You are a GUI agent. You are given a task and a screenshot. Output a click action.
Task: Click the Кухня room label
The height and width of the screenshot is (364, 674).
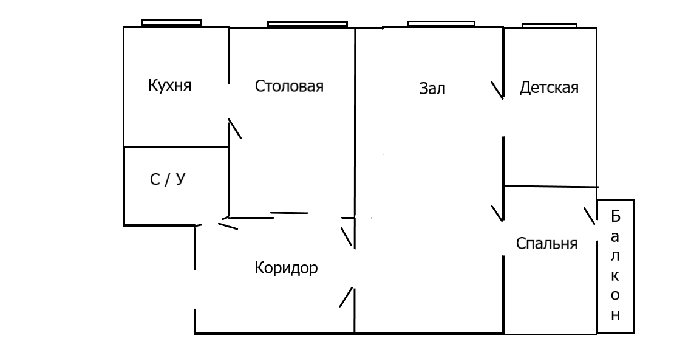pyautogui.click(x=169, y=85)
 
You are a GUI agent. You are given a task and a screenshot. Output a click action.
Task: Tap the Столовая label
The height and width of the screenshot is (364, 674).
pyautogui.click(x=289, y=86)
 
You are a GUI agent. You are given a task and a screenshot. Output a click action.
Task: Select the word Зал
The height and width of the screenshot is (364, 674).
pyautogui.click(x=432, y=89)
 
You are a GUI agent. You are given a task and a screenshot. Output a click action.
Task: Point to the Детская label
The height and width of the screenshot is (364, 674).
pyautogui.click(x=549, y=88)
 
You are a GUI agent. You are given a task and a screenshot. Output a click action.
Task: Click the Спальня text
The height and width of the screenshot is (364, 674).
pyautogui.click(x=546, y=244)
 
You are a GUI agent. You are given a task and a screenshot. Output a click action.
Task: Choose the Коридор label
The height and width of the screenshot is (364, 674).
pyautogui.click(x=285, y=268)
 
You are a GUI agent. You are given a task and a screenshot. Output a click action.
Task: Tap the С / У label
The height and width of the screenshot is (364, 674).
pyautogui.click(x=166, y=180)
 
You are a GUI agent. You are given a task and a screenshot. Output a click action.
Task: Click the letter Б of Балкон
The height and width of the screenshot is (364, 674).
pyautogui.click(x=615, y=216)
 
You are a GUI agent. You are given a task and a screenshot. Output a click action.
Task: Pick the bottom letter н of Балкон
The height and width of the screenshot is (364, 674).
pyautogui.click(x=615, y=315)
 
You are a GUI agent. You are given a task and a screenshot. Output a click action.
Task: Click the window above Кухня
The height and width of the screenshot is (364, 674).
pyautogui.click(x=171, y=23)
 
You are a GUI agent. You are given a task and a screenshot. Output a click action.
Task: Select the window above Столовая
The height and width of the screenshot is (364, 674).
pyautogui.click(x=307, y=24)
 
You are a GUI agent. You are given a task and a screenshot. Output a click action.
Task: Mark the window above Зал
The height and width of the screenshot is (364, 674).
pyautogui.click(x=440, y=24)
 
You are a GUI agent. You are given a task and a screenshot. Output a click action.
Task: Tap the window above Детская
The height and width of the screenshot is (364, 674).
pyautogui.click(x=549, y=25)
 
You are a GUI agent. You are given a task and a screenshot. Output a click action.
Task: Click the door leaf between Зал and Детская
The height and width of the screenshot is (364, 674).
pyautogui.click(x=497, y=90)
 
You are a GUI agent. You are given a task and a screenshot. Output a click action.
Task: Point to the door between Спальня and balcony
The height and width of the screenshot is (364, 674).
pyautogui.click(x=590, y=217)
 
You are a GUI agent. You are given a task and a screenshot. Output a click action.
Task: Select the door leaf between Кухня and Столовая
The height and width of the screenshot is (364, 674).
pyautogui.click(x=234, y=128)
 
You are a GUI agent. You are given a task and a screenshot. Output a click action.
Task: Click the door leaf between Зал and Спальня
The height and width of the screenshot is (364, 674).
pyautogui.click(x=497, y=213)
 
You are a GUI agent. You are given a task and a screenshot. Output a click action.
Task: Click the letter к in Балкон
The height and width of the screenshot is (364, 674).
pyautogui.click(x=615, y=275)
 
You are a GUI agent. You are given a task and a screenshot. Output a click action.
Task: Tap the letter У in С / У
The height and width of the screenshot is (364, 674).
pyautogui.click(x=180, y=180)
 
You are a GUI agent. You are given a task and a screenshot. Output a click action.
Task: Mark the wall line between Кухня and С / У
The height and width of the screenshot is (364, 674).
pyautogui.click(x=176, y=146)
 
